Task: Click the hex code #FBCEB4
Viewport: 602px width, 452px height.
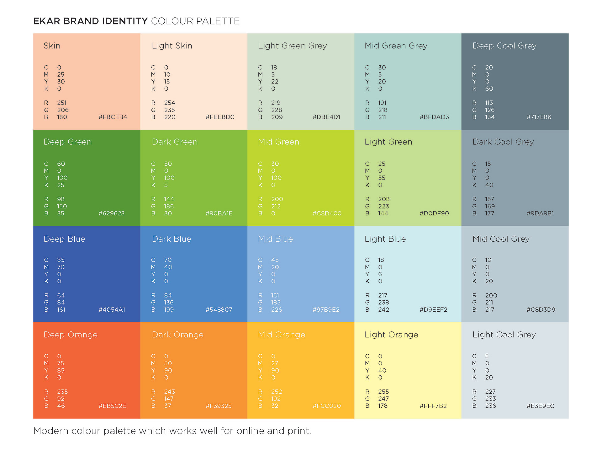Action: click(113, 117)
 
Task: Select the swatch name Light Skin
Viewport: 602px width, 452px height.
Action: click(172, 46)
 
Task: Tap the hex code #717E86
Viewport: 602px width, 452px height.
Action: click(539, 117)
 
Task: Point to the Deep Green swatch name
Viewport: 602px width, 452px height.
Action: click(67, 142)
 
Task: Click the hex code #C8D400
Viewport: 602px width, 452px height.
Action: click(327, 213)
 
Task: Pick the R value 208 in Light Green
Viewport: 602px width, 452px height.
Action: click(384, 199)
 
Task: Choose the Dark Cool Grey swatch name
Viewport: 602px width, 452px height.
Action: click(503, 142)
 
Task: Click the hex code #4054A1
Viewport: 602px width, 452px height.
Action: click(112, 310)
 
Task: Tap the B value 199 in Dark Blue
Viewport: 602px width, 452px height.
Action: click(169, 310)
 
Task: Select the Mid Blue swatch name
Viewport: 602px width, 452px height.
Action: click(275, 239)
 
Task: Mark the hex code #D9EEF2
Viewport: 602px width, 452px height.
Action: click(433, 310)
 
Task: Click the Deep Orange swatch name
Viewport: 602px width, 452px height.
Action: click(71, 335)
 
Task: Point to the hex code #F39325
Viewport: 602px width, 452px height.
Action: click(219, 406)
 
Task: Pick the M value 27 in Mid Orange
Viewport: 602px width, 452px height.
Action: click(275, 363)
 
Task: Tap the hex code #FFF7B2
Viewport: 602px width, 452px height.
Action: click(433, 406)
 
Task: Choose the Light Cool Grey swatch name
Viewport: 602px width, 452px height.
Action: click(504, 335)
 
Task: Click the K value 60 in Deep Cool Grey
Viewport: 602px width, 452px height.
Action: click(489, 89)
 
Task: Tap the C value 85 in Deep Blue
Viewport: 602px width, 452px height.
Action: click(61, 260)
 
